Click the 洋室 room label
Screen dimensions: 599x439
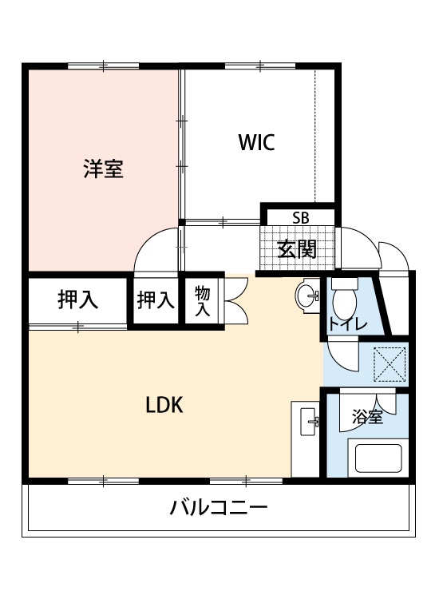click(104, 169)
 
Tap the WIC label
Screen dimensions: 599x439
click(256, 143)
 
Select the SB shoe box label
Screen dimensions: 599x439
click(300, 216)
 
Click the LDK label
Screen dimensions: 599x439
click(164, 405)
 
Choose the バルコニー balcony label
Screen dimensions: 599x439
click(218, 507)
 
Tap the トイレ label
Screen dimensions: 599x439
click(348, 324)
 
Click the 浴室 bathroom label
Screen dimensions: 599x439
click(368, 417)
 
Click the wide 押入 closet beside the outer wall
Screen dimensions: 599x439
click(77, 300)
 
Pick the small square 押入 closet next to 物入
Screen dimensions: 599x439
click(155, 300)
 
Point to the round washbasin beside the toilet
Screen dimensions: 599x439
click(307, 296)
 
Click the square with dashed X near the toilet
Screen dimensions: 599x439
click(391, 363)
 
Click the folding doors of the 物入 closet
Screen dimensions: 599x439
click(236, 300)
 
